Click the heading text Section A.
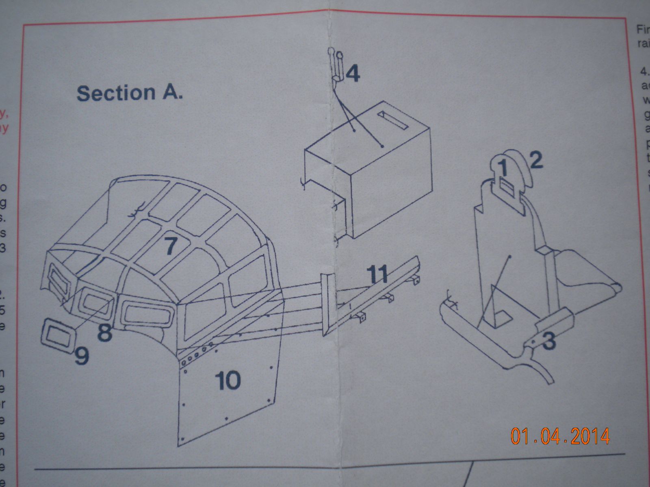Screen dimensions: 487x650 130,93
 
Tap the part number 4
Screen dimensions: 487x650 353,74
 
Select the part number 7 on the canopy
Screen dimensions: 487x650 171,246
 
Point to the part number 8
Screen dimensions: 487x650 105,333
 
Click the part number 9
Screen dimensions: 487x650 81,356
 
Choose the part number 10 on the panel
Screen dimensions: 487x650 227,381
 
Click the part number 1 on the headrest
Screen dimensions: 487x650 503,167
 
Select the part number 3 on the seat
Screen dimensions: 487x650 548,341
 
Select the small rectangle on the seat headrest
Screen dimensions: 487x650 507,187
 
